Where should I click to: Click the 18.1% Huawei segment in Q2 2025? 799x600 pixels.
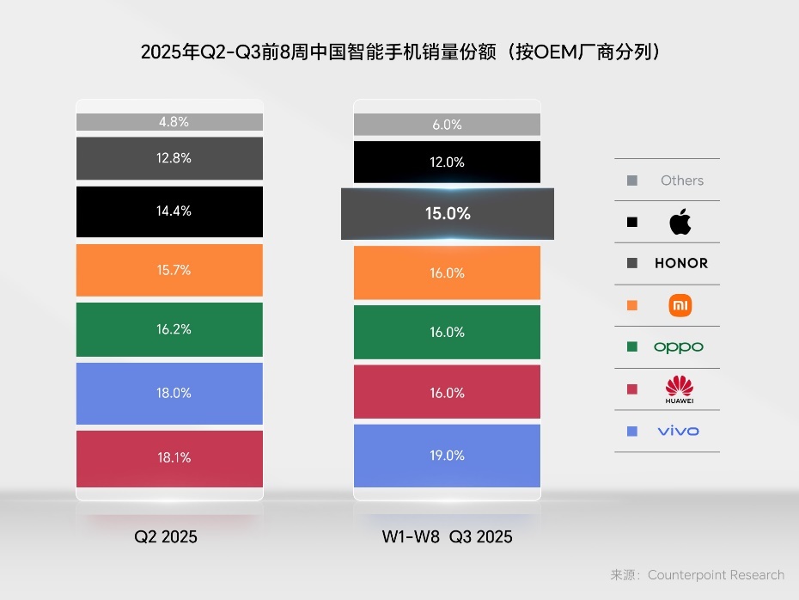click(x=169, y=458)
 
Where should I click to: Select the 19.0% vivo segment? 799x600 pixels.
click(x=447, y=456)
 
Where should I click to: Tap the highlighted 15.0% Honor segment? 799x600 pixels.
click(x=448, y=214)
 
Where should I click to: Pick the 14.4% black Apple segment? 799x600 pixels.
click(x=169, y=211)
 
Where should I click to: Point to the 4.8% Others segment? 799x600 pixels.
click(x=169, y=122)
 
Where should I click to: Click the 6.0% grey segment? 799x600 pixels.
click(x=447, y=125)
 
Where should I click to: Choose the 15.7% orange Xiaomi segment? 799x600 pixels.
click(x=169, y=270)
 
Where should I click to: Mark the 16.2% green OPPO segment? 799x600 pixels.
click(x=169, y=329)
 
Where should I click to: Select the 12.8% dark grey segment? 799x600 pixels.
click(x=169, y=158)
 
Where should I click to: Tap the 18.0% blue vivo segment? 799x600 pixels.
click(x=169, y=393)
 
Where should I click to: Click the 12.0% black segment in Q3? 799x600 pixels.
click(x=447, y=162)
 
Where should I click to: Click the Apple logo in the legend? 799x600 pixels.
click(x=680, y=222)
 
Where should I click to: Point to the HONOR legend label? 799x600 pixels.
click(x=681, y=264)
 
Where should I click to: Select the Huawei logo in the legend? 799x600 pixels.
click(x=680, y=389)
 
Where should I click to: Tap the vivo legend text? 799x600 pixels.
click(x=678, y=431)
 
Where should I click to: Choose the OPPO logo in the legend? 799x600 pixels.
click(x=679, y=347)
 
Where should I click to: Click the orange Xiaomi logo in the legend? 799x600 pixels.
click(x=680, y=305)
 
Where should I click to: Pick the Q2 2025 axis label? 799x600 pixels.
click(x=166, y=537)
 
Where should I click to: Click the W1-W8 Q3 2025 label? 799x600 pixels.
click(x=447, y=537)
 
